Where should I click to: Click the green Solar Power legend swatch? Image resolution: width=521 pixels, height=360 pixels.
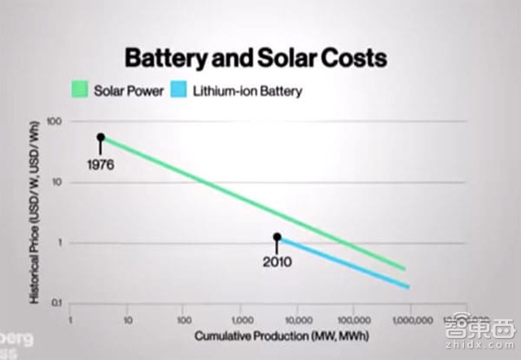coord(81,91)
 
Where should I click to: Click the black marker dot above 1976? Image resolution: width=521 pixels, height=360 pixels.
coord(101,137)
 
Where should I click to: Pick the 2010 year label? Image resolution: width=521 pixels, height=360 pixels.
coord(278,263)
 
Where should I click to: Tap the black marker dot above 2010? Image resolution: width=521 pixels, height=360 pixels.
coord(278,237)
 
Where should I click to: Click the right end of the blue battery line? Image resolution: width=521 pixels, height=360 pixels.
coord(406,286)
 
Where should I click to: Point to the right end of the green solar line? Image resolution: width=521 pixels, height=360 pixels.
coord(404,268)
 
